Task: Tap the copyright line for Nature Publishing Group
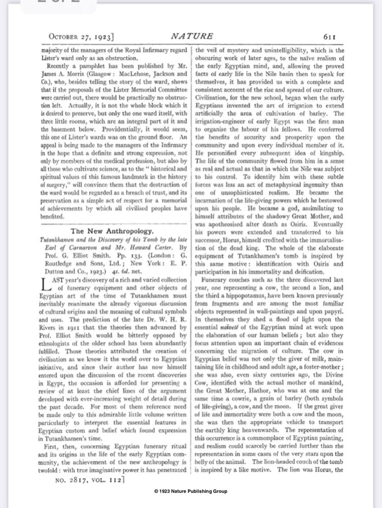[x=190, y=491]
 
